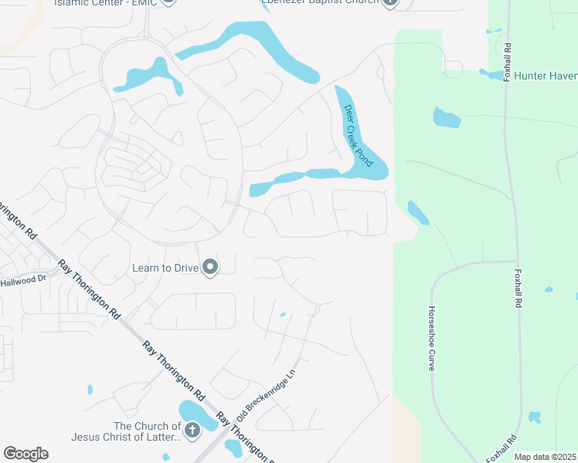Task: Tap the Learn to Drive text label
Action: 166,268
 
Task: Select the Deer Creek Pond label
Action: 358,136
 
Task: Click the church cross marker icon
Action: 192,431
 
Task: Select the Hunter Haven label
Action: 546,75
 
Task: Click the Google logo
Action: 25,453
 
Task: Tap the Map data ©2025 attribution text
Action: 546,457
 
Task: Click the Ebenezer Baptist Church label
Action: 320,2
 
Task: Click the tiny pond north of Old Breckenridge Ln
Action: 283,314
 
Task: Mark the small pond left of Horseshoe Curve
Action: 417,212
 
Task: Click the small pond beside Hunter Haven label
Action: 491,74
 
